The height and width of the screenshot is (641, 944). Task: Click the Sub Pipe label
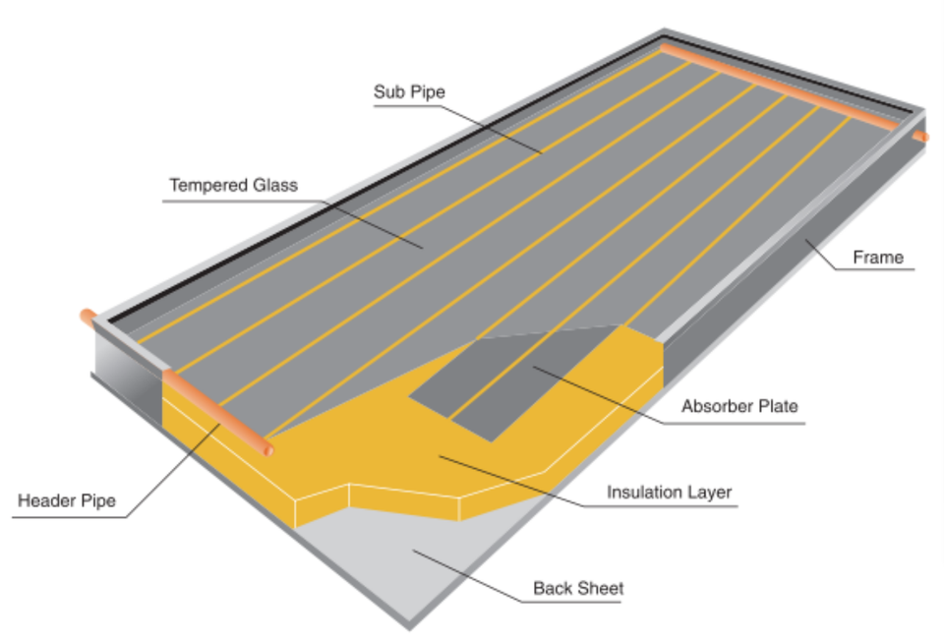(409, 92)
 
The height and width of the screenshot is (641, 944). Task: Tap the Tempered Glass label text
(233, 185)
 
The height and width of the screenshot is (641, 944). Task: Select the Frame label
(877, 258)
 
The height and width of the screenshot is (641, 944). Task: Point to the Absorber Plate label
(739, 406)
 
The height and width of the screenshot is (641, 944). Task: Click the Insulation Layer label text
(669, 492)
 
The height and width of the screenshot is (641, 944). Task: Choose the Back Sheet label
(578, 589)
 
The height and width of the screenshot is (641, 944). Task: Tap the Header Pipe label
(67, 501)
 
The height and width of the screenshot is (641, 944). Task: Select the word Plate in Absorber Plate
(778, 406)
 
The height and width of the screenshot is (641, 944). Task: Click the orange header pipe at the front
(216, 410)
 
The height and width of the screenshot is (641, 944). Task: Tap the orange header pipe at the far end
(787, 84)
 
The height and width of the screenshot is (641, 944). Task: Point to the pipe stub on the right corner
(920, 137)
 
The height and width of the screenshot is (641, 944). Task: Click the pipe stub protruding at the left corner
(88, 318)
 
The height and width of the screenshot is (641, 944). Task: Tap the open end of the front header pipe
(268, 449)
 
